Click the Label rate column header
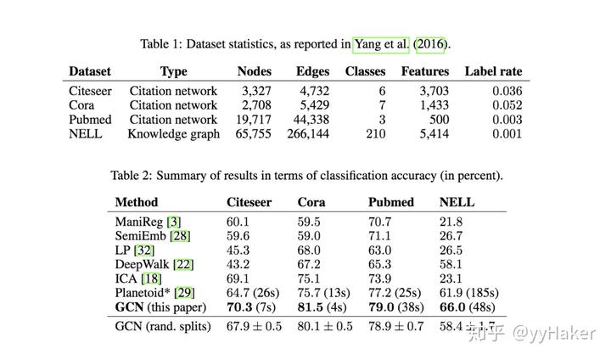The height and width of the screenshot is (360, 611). (493, 71)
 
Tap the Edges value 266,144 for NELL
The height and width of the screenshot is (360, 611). (307, 133)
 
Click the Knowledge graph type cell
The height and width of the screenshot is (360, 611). (173, 133)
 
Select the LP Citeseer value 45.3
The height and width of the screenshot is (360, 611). (238, 250)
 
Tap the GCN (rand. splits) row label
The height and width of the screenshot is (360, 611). (162, 326)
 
